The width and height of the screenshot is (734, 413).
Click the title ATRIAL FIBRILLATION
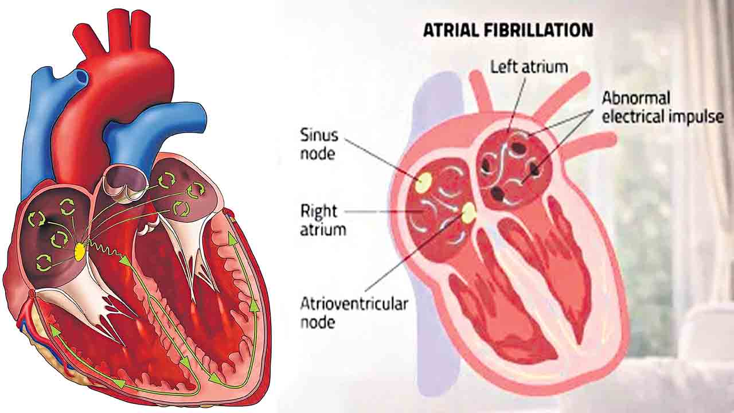coord(508,30)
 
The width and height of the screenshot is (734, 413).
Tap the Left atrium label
coord(529,67)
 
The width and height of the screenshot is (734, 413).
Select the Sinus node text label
coord(319,145)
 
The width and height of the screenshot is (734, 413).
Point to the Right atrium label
coord(323,220)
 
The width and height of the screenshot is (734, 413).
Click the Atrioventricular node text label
coord(354,313)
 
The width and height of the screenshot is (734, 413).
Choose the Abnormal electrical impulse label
coord(663,107)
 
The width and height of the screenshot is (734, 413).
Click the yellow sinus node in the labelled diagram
coord(424,182)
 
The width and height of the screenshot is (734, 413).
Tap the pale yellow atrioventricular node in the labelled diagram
coord(469,212)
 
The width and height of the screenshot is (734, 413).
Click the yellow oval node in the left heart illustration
coord(79,252)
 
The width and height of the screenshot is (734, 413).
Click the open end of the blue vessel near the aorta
coord(81,77)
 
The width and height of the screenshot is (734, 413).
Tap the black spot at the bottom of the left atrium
coord(498,193)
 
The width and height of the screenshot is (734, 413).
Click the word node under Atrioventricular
coord(318,322)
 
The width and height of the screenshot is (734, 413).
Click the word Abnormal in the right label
coord(636,98)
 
